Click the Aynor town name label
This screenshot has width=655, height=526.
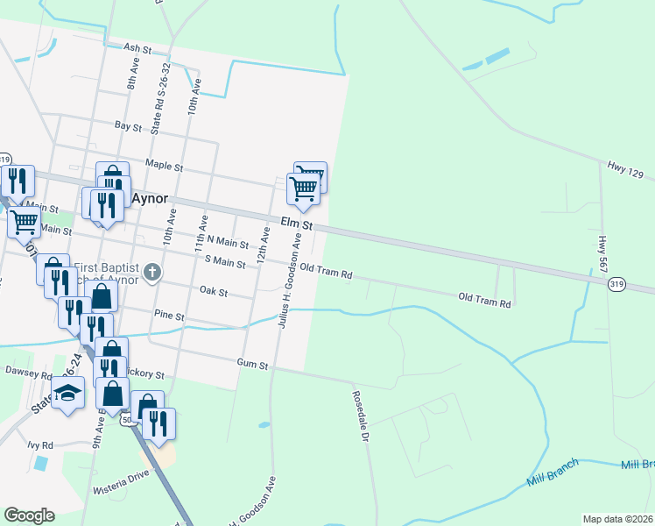(150, 199)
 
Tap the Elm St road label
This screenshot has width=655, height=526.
(296, 224)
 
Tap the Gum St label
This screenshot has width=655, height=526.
(252, 362)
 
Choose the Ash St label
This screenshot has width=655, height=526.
(138, 47)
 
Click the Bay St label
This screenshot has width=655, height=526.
(128, 126)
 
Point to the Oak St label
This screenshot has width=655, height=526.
(213, 290)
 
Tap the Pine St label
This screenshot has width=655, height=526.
(168, 316)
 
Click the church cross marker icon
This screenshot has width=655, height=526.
(152, 272)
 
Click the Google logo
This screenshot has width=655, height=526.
(28, 515)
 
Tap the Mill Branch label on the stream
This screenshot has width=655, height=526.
(553, 477)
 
